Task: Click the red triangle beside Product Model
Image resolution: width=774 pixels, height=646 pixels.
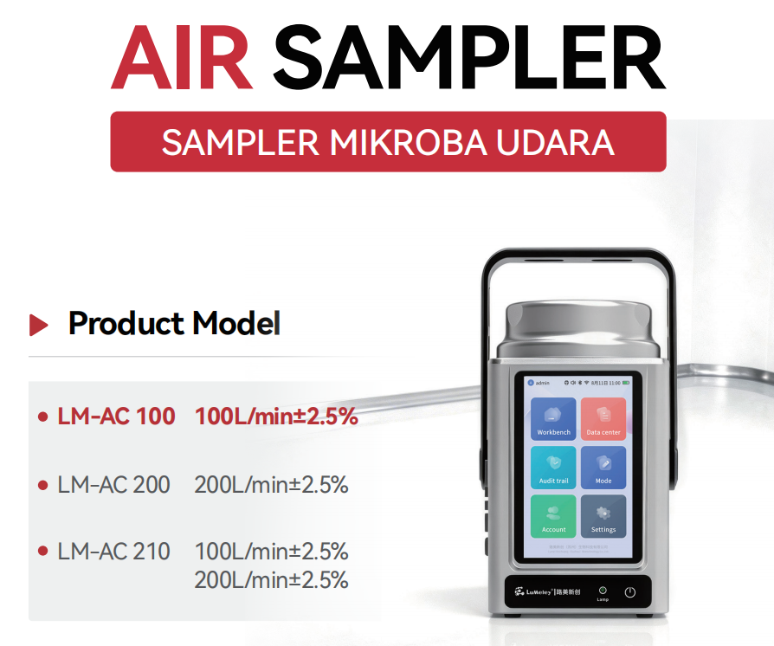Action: pyautogui.click(x=38, y=325)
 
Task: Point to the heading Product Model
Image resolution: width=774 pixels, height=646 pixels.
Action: pyautogui.click(x=174, y=324)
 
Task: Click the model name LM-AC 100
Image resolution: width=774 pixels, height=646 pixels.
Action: pyautogui.click(x=116, y=417)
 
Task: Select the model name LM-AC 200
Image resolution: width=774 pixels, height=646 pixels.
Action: pyautogui.click(x=113, y=485)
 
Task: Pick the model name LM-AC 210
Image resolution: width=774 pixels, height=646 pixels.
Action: pyautogui.click(x=113, y=551)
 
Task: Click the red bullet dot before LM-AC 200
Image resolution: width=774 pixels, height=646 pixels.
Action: pyautogui.click(x=42, y=485)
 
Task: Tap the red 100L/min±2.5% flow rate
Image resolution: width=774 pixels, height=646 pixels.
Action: pyautogui.click(x=276, y=417)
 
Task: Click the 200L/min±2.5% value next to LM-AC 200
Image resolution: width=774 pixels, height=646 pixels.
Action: pyautogui.click(x=271, y=485)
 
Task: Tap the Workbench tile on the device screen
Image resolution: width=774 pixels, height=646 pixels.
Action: pyautogui.click(x=553, y=419)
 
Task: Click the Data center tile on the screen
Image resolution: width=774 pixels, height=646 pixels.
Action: pyautogui.click(x=603, y=419)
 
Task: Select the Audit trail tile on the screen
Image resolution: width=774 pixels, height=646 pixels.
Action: pyautogui.click(x=553, y=468)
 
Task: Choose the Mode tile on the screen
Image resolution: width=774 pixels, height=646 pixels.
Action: pyautogui.click(x=603, y=468)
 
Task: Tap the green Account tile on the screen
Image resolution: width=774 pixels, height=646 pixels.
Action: pyautogui.click(x=553, y=516)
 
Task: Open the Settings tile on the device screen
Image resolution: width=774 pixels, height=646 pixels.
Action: pyautogui.click(x=603, y=516)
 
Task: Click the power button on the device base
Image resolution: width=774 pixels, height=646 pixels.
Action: pyautogui.click(x=630, y=592)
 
